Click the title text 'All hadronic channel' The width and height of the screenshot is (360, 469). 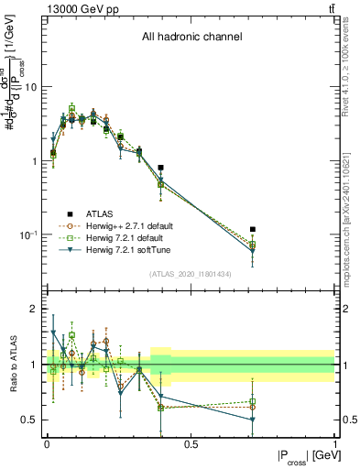191,38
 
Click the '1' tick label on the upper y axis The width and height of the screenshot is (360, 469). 36,161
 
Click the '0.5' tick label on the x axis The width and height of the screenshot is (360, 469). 191,444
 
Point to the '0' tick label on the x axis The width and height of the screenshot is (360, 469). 47,444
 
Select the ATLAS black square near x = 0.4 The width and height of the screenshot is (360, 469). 161,168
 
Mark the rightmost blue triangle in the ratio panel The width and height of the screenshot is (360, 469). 253,420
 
